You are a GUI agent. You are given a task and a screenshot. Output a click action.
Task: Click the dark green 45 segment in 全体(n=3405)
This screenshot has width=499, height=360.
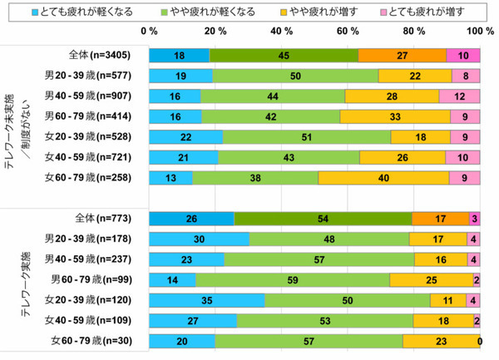(284, 56)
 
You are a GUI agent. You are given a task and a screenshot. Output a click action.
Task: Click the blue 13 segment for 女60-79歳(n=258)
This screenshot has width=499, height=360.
(170, 176)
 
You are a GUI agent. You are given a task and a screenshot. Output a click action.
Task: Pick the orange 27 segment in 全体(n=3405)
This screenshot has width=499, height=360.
(402, 56)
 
